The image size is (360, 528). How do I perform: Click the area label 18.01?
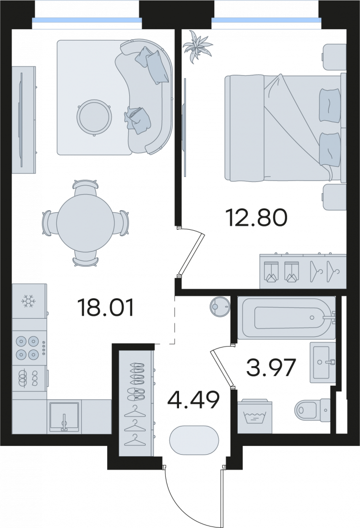(x=105, y=308)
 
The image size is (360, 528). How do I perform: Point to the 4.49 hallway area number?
(x=194, y=400)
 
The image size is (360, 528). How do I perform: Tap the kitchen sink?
(x=64, y=417)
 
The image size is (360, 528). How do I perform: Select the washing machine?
(x=255, y=416)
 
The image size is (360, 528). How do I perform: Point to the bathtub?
(x=287, y=317)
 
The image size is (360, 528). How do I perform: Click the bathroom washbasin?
(x=322, y=362)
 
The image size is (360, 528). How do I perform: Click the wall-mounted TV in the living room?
(x=22, y=120)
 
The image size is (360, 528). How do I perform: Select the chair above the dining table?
(x=86, y=187)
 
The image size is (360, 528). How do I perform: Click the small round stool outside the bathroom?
(x=220, y=306)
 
